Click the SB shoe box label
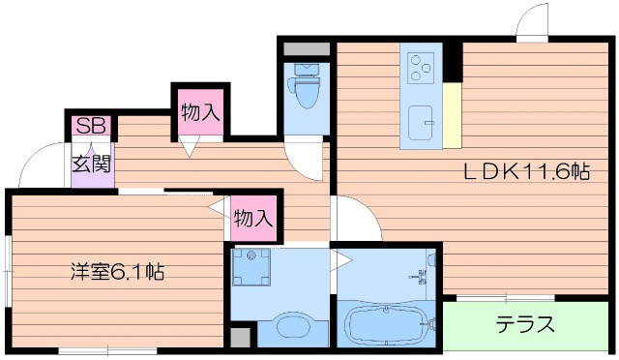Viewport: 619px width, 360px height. point(91,126)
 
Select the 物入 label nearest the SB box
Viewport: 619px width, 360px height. point(200,112)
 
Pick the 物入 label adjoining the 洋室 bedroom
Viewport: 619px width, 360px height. point(253,218)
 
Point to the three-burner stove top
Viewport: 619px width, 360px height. point(420,64)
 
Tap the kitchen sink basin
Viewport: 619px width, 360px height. point(422,123)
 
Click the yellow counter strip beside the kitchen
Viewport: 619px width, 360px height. point(451,115)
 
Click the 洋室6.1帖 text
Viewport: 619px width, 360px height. point(115,272)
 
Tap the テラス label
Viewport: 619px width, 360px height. point(525,323)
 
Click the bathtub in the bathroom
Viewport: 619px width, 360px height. point(386,324)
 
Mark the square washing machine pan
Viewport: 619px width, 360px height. point(256,268)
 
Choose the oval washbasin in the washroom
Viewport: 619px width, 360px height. point(289,327)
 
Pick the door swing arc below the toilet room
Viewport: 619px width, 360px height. point(309,161)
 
